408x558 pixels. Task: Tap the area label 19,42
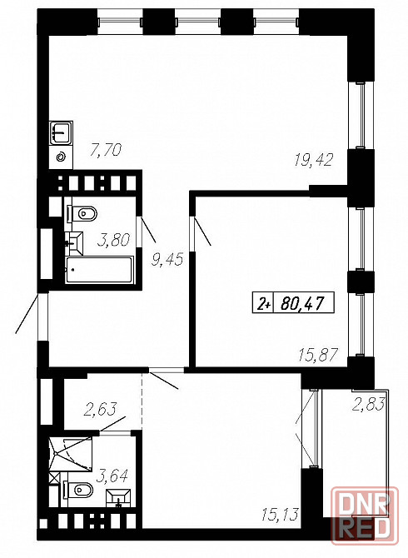pos(313,160)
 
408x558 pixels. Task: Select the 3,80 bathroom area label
pos(113,240)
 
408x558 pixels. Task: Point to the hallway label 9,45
pos(167,259)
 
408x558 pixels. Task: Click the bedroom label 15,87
pos(317,355)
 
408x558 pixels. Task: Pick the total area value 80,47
pos(302,304)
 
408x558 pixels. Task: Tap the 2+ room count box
pos(264,303)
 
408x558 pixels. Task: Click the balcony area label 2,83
pos(369,404)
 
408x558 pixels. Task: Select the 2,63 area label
pos(100,409)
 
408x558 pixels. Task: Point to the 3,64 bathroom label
pos(112,476)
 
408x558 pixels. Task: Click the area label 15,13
pos(280,514)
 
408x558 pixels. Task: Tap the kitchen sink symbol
pos(61,132)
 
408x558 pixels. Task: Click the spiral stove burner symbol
pos(61,157)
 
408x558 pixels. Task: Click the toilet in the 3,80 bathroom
pos(82,214)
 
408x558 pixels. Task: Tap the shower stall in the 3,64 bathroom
pos(71,453)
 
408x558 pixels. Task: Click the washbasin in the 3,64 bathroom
pos(119,497)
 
